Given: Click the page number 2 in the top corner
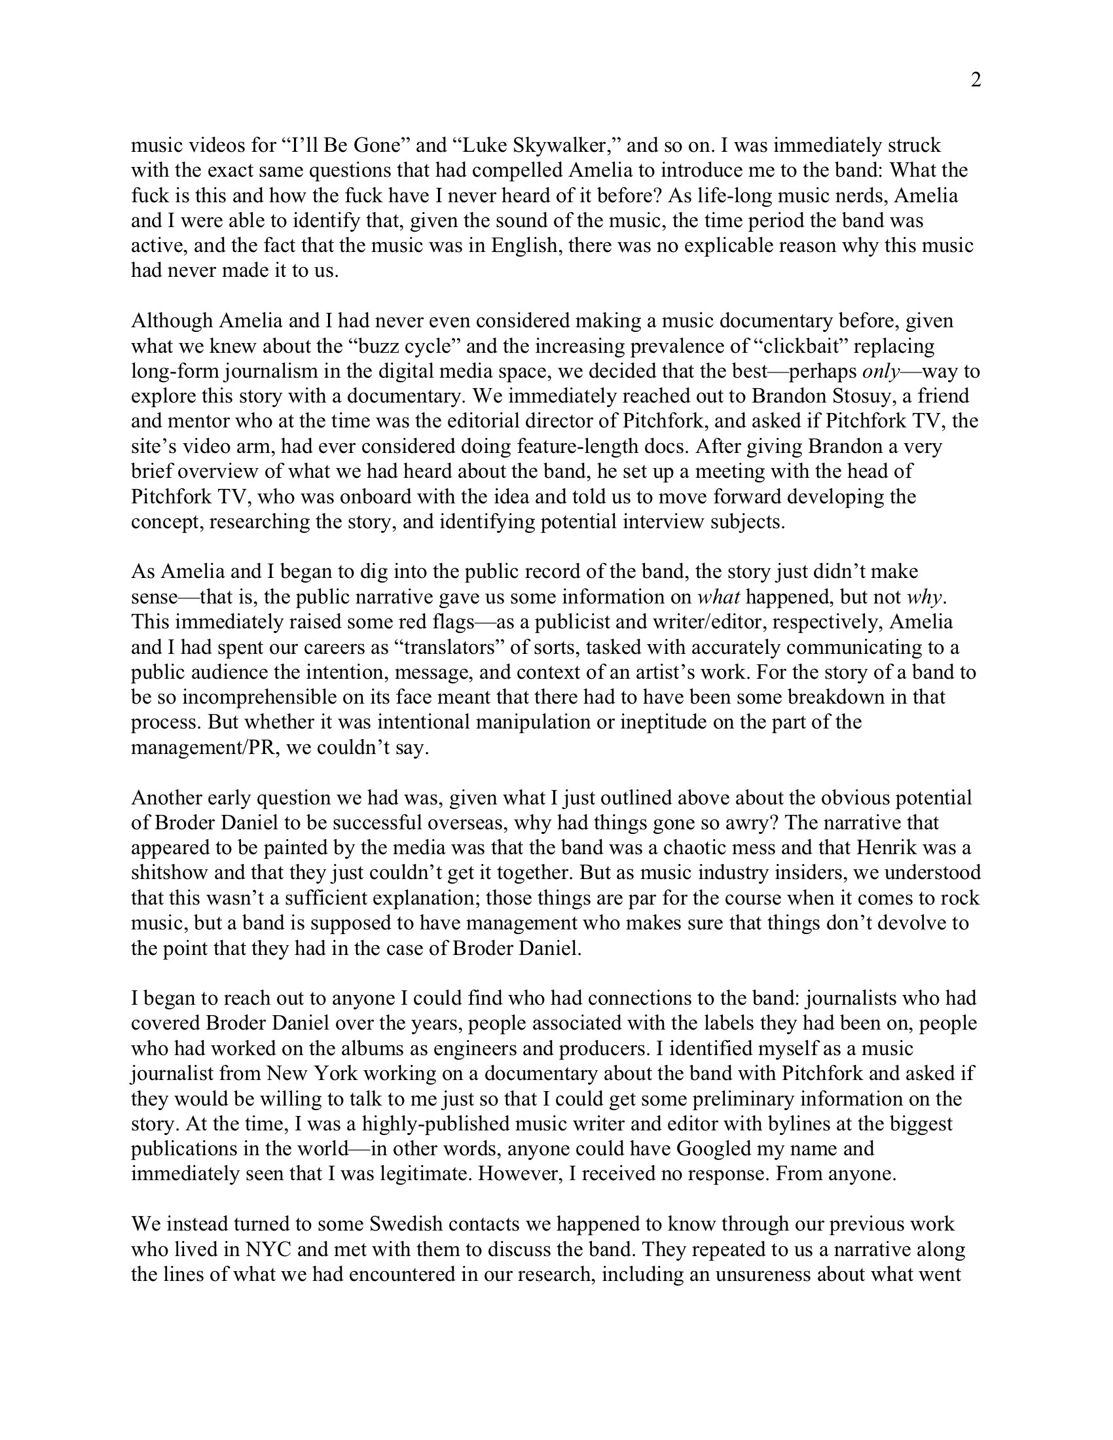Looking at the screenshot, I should [x=976, y=80].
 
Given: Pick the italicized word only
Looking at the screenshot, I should [x=881, y=371].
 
